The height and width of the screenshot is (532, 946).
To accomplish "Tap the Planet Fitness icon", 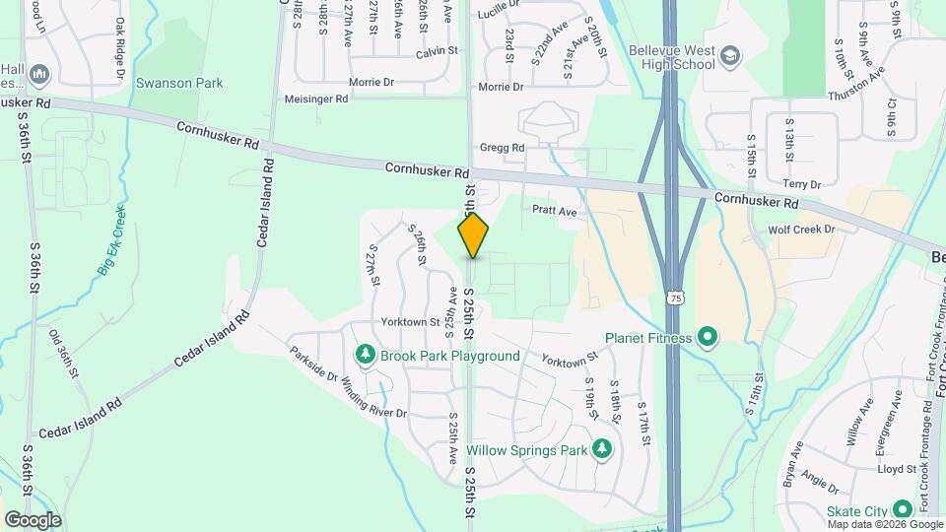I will tap(707, 338).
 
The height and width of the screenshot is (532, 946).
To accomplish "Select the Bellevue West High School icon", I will tap(730, 53).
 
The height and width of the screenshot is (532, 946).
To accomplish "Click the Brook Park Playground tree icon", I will tap(366, 355).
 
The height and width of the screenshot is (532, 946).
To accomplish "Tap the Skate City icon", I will tap(902, 509).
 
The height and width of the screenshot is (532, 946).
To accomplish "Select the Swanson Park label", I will tap(169, 82).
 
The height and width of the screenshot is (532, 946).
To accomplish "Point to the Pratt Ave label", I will tap(554, 210).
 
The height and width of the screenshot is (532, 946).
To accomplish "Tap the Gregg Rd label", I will tap(502, 148).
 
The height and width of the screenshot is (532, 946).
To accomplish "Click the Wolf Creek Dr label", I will tap(801, 230).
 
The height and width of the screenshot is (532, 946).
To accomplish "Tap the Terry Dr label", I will tap(801, 184).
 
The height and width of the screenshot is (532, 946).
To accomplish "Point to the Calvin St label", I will tap(438, 50).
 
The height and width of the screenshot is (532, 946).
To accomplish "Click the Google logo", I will tap(33, 519).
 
